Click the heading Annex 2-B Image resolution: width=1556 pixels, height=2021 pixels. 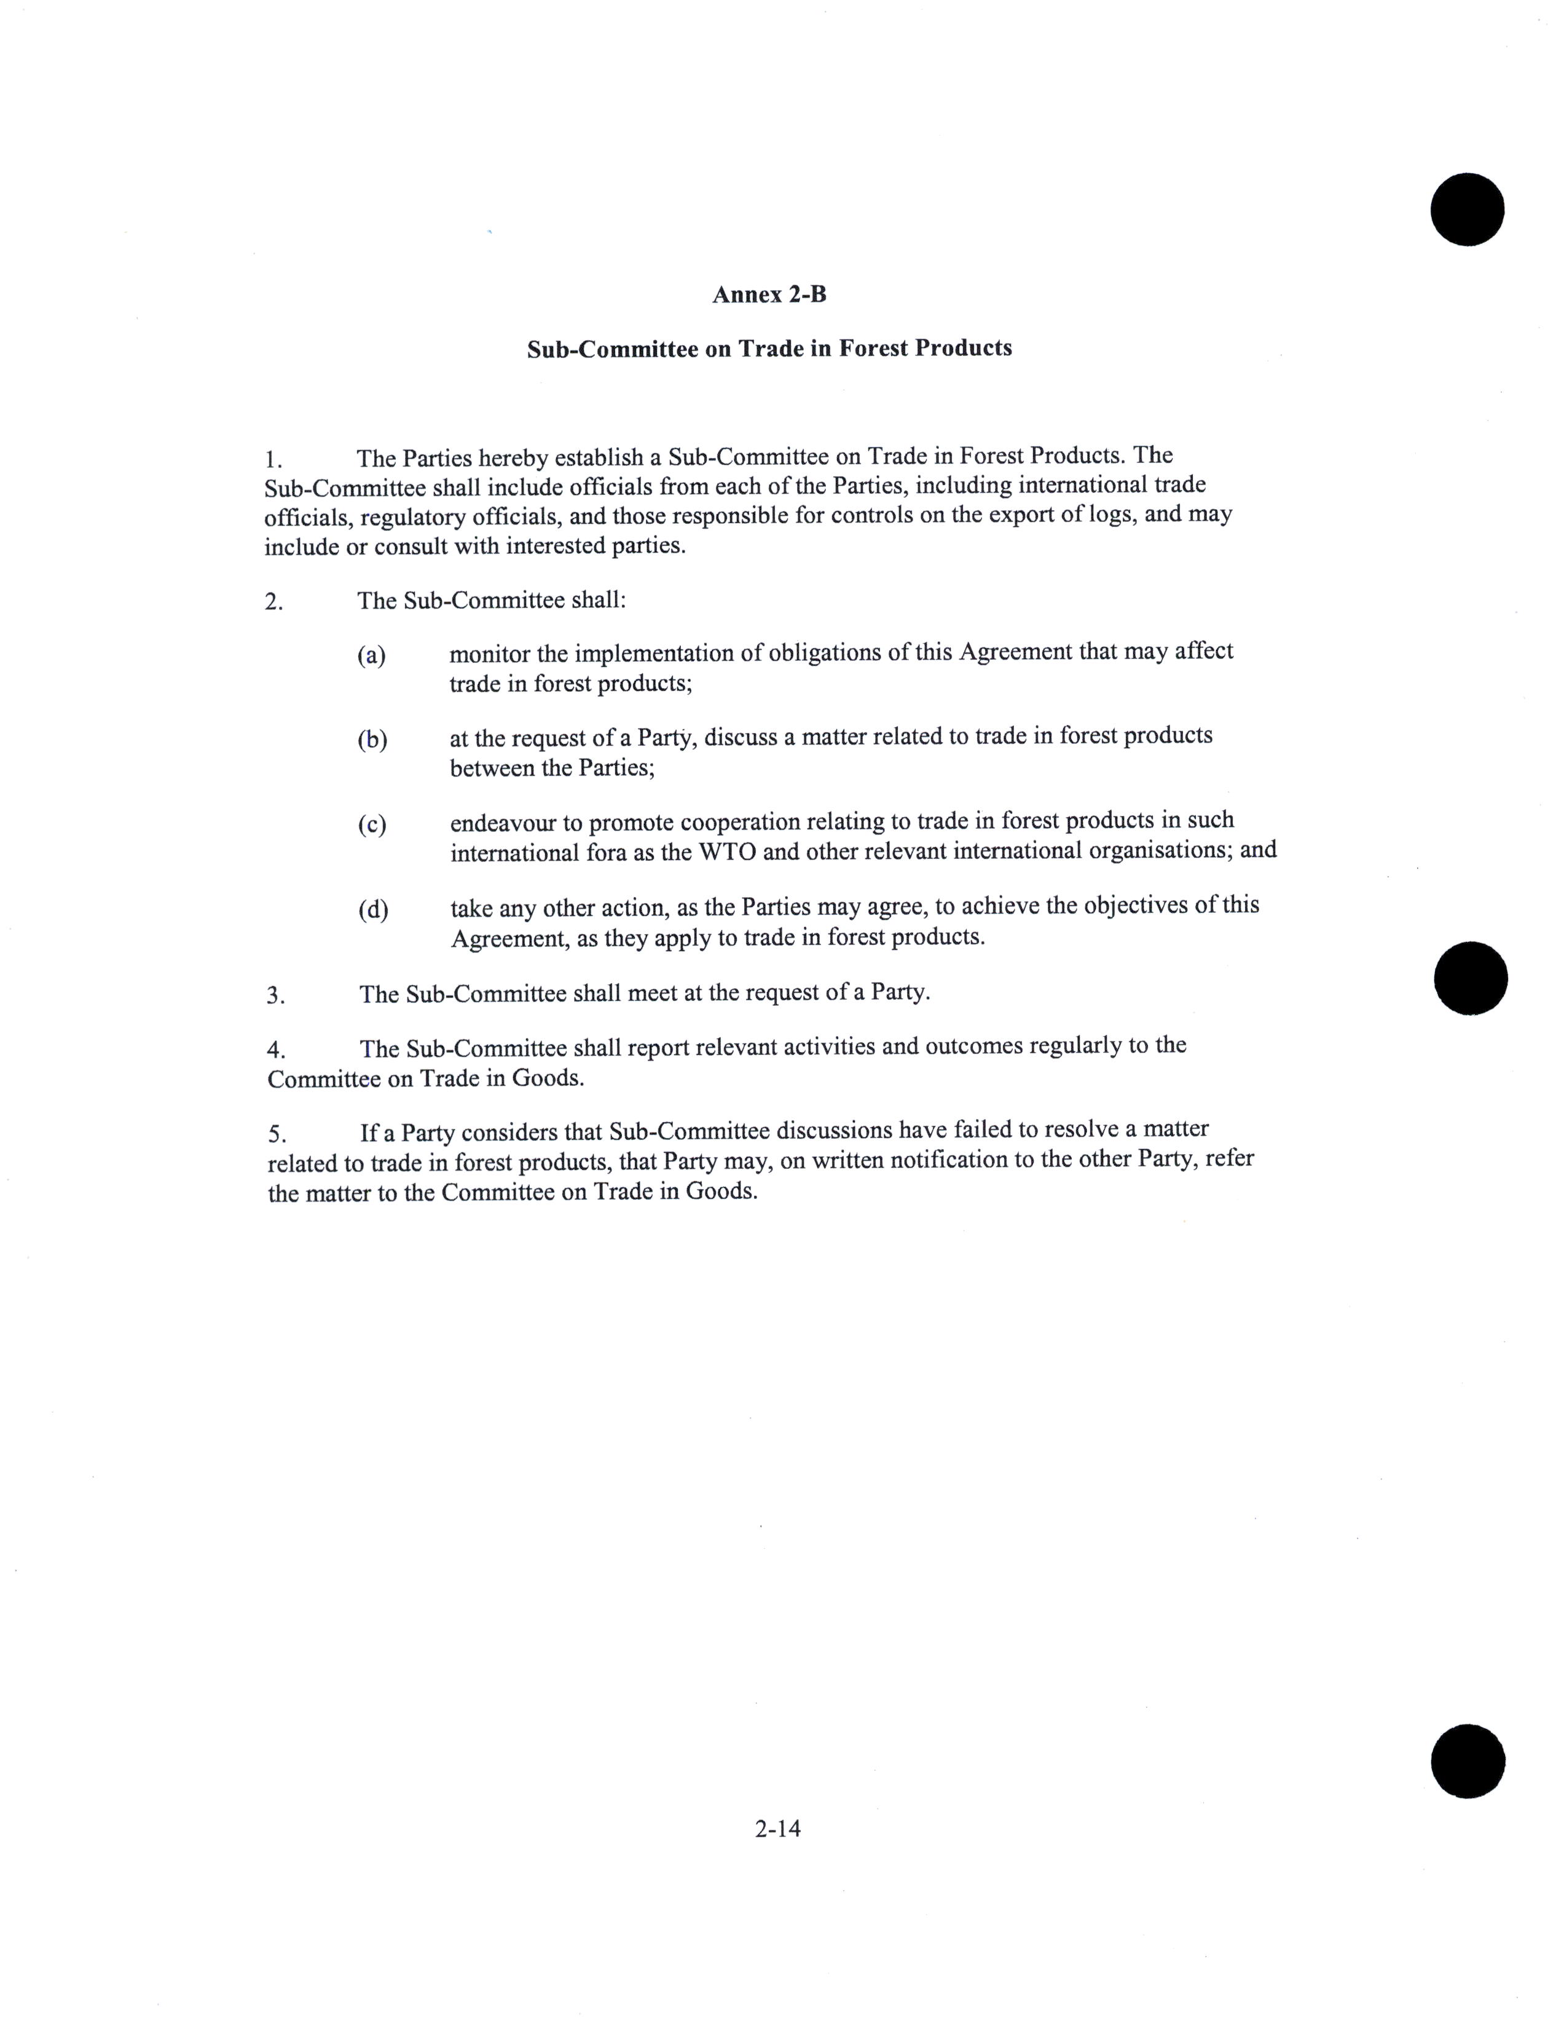pos(769,295)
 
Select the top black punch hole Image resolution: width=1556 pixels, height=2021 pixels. pos(1466,209)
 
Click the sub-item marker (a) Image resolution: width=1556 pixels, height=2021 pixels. pos(371,656)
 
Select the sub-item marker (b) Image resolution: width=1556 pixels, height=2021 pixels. pos(372,740)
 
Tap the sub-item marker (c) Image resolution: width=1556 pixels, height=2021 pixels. pos(372,825)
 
